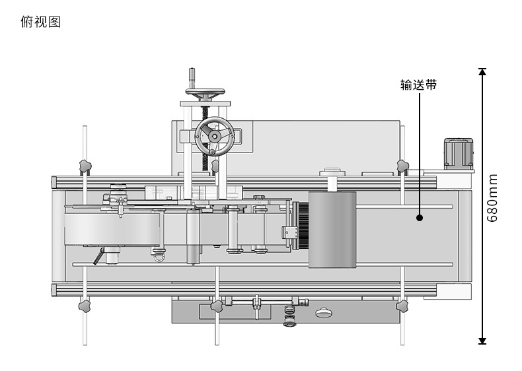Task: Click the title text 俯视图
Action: [x=40, y=22]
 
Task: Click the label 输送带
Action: [x=418, y=85]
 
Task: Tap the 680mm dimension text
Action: [x=492, y=197]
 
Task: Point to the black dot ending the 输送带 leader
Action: [x=420, y=218]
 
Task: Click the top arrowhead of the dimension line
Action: [x=482, y=71]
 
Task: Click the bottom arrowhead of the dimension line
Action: [x=482, y=341]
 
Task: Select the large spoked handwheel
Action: [x=215, y=137]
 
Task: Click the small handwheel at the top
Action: [x=205, y=93]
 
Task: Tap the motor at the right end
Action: [x=459, y=154]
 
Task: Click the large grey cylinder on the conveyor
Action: [x=332, y=230]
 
